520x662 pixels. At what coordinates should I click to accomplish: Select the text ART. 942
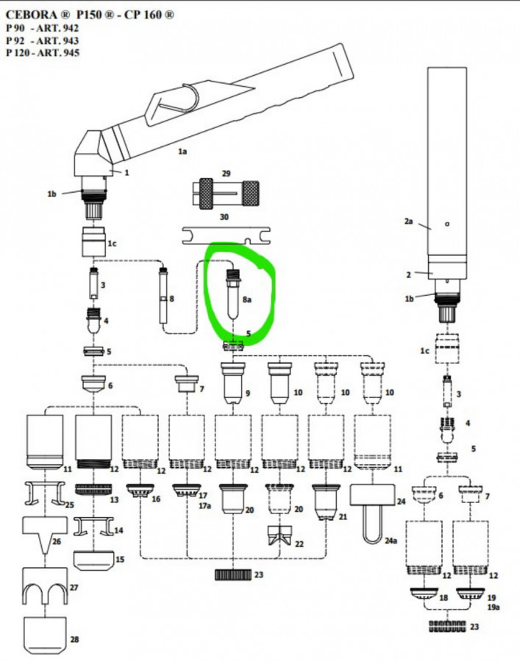[x=58, y=28]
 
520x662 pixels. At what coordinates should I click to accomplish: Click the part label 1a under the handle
[x=182, y=150]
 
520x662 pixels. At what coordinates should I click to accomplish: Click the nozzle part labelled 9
[x=232, y=383]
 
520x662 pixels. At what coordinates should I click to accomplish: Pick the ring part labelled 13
[x=93, y=489]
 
